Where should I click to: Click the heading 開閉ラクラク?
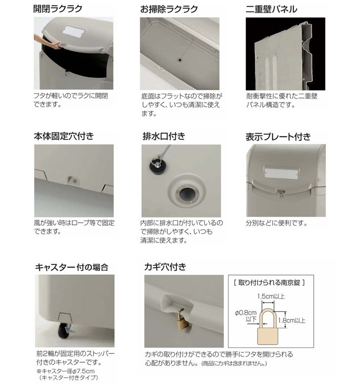pyautogui.click(x=58, y=9)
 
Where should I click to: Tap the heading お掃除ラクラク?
pyautogui.click(x=169, y=9)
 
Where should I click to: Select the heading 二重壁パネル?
pyautogui.click(x=271, y=9)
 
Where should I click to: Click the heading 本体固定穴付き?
pyautogui.click(x=64, y=136)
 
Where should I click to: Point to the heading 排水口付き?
pyautogui.click(x=164, y=136)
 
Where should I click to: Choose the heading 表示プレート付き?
pyautogui.click(x=278, y=137)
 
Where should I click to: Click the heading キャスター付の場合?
pyautogui.click(x=72, y=267)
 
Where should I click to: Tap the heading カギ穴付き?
pyautogui.click(x=166, y=267)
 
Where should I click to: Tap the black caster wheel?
pyautogui.click(x=63, y=331)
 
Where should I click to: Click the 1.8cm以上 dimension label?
pyautogui.click(x=292, y=320)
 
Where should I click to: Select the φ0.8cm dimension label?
pyautogui.click(x=246, y=313)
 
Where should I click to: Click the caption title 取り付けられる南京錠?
pyautogui.click(x=269, y=283)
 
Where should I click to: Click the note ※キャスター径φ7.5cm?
pyautogui.click(x=66, y=371)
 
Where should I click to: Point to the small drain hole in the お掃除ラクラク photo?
pyautogui.click(x=180, y=60)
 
